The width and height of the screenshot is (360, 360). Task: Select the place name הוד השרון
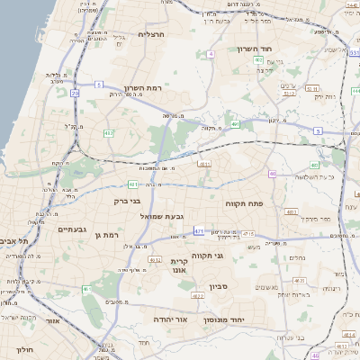coord(256,49)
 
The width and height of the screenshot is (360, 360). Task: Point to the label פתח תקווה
coord(267,204)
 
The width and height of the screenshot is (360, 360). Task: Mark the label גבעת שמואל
coord(162,217)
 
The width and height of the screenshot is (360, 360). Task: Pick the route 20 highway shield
coord(75,93)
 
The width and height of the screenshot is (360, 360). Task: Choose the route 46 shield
coord(272,174)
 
